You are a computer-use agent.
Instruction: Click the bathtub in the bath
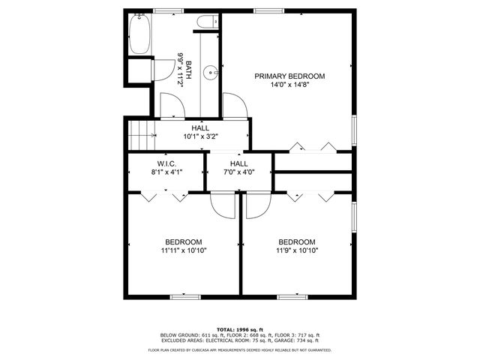tap(139, 35)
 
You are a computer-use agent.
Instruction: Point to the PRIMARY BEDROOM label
tap(289, 76)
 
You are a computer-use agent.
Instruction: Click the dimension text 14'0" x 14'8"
tap(289, 85)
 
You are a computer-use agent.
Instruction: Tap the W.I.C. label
tap(166, 163)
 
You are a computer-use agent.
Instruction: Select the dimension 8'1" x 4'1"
tap(166, 172)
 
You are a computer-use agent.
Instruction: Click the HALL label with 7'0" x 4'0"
tap(239, 163)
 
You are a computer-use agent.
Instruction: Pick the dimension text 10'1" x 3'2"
tap(200, 137)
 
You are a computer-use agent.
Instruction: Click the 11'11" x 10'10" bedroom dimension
tap(184, 250)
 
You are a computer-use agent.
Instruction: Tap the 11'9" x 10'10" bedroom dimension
tap(297, 250)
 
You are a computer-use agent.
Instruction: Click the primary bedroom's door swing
tap(232, 106)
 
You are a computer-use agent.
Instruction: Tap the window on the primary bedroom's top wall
tap(264, 10)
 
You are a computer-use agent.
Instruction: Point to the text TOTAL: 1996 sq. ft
tap(240, 329)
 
